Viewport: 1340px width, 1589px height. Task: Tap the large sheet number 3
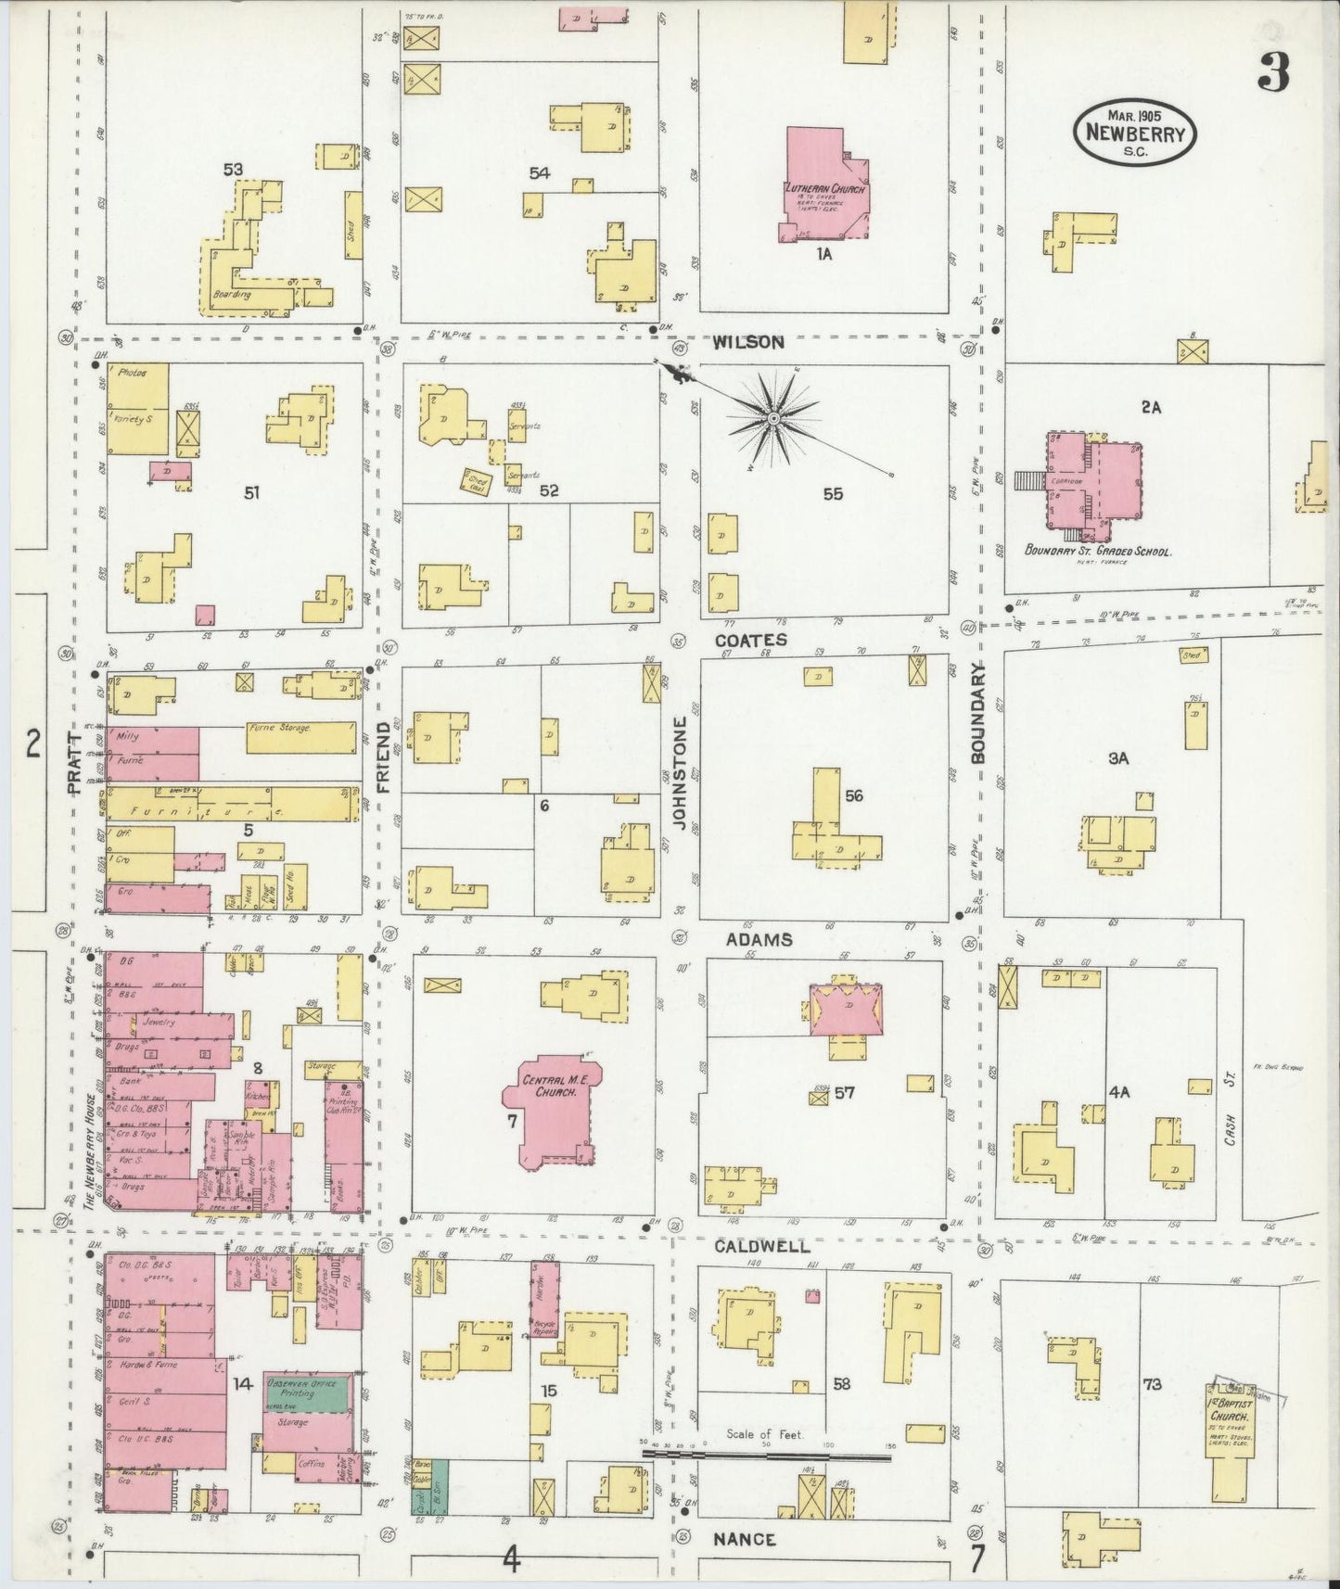point(1273,72)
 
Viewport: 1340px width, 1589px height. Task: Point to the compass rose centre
point(772,420)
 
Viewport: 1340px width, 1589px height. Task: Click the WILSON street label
point(748,342)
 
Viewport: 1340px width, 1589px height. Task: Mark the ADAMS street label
point(759,939)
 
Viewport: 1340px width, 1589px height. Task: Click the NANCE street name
point(745,1539)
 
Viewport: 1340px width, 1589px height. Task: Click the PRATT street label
point(76,762)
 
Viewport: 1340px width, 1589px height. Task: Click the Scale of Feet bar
point(765,1456)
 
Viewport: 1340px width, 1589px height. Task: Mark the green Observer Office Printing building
point(308,1392)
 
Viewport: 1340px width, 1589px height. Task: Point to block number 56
point(854,795)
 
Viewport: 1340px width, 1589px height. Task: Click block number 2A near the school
point(1151,406)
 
